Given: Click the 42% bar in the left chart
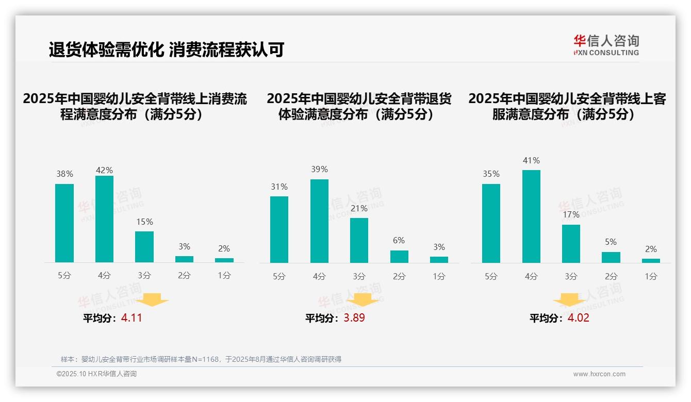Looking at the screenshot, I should click(x=104, y=219).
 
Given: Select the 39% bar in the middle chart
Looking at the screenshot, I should click(x=319, y=221).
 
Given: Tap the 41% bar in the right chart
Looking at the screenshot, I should click(x=531, y=216).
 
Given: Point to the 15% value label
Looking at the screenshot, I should click(x=144, y=222).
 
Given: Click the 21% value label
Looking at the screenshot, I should click(x=359, y=209).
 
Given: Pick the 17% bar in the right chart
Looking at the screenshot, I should click(x=571, y=244).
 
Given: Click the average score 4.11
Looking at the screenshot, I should click(x=131, y=318).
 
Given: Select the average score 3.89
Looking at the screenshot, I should click(x=354, y=318).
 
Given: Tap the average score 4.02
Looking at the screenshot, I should click(x=578, y=318).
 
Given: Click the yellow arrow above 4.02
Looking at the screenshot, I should click(x=569, y=299).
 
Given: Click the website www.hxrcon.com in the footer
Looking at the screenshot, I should click(x=599, y=374).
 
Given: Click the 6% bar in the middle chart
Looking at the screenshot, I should click(x=399, y=257).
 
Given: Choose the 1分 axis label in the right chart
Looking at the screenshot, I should click(x=651, y=277).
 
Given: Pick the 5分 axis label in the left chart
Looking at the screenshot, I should click(x=64, y=276).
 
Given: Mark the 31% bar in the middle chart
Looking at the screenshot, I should click(x=279, y=229).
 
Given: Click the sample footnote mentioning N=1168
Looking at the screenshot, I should click(x=201, y=359).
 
